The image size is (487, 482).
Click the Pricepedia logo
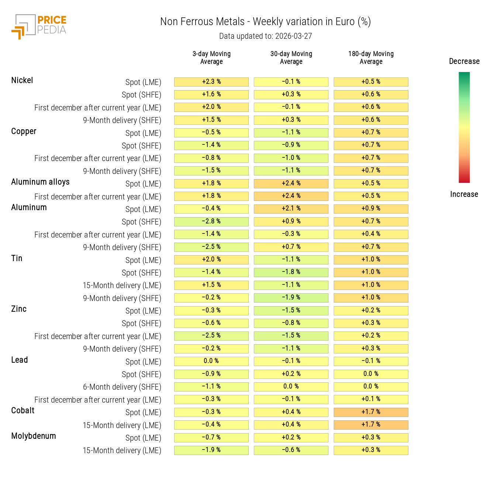point(39,26)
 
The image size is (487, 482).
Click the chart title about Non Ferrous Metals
point(265,22)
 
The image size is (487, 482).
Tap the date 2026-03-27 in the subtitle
point(293,36)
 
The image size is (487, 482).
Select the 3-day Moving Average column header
point(211,58)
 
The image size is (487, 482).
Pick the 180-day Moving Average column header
point(371,58)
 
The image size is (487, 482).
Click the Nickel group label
point(22,81)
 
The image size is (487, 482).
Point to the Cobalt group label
point(23,411)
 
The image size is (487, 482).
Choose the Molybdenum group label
point(34,436)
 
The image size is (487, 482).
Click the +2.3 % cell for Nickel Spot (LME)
point(211,82)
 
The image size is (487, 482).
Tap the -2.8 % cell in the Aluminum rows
point(211,222)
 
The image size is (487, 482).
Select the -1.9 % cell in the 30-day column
point(291,298)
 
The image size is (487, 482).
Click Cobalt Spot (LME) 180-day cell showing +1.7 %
point(371,412)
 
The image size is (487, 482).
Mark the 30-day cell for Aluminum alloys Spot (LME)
point(291,184)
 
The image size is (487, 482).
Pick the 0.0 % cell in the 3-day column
point(211,361)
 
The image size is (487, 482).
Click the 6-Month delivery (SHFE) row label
point(122,387)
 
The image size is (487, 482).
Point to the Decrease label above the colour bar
point(464,61)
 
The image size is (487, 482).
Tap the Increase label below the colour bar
point(464,194)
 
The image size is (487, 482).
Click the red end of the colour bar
point(464,180)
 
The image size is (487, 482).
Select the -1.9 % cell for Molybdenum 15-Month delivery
point(211,450)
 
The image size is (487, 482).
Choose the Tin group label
point(17,259)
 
